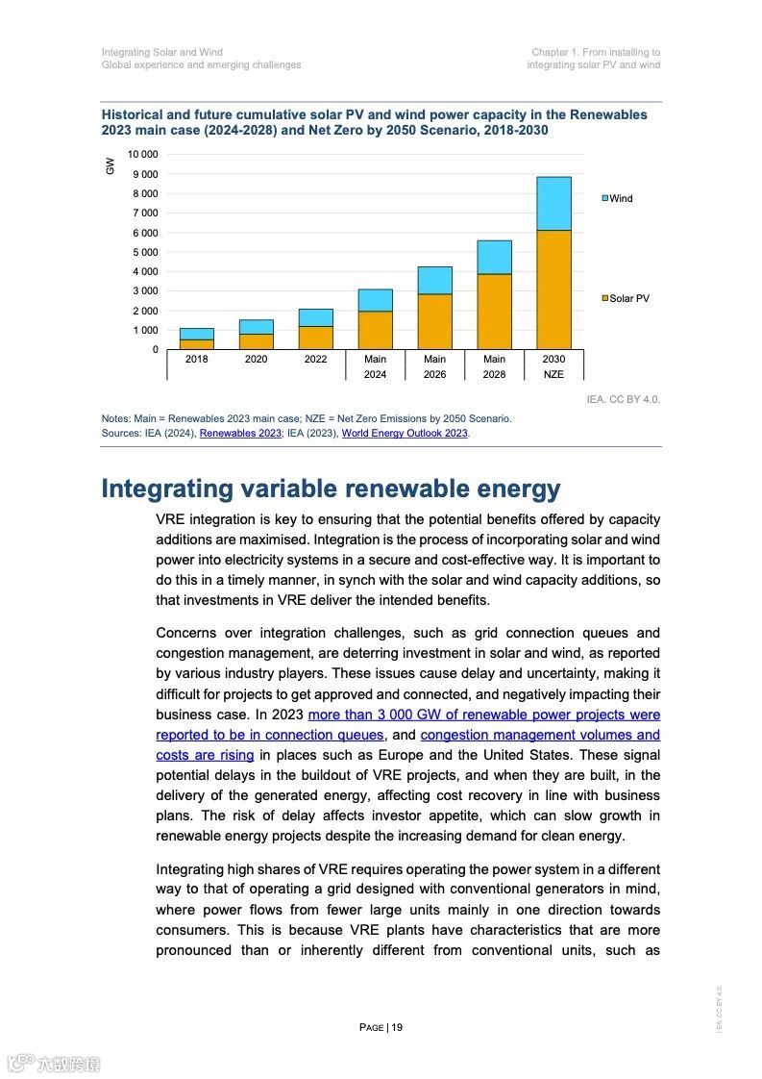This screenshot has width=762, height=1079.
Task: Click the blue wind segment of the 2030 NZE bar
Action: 553,203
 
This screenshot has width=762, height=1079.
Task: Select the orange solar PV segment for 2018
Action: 196,343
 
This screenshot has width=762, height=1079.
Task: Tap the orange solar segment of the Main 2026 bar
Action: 434,321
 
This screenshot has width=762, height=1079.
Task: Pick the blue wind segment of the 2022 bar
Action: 315,317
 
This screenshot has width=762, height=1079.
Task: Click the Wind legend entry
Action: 617,198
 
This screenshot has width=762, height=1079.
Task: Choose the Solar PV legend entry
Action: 626,298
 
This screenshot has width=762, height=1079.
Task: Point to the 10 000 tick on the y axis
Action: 142,155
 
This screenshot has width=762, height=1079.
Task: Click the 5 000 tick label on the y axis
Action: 145,252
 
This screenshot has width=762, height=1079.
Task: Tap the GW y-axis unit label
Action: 111,165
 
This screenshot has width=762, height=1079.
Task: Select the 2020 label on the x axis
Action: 256,359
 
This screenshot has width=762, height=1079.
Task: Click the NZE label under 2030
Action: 553,374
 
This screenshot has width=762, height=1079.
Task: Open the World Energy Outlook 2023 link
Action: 405,434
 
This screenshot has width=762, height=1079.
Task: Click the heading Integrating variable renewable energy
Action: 331,489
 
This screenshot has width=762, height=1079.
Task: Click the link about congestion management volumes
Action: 540,735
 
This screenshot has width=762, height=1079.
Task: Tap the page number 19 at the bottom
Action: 381,1027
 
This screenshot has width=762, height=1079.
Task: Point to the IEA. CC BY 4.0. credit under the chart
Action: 623,398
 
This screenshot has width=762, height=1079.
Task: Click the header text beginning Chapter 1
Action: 596,52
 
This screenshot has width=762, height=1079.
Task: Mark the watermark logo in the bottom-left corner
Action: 53,1064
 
